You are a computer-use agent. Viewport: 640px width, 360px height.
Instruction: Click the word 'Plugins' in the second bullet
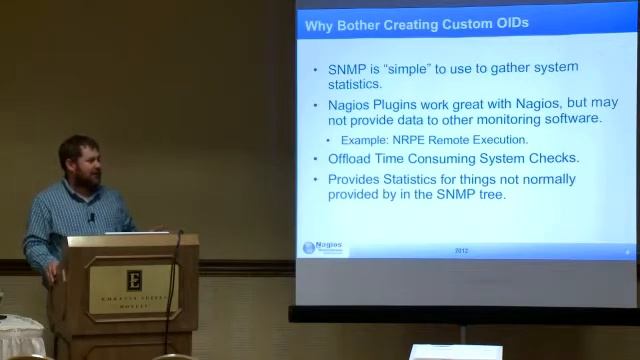coord(400,104)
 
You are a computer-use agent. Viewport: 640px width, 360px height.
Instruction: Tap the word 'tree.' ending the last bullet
coord(491,195)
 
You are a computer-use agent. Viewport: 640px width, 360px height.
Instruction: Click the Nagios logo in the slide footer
coord(324,248)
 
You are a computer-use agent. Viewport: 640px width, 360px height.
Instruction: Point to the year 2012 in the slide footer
coord(461,250)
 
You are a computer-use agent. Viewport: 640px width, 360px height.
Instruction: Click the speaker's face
coord(82,164)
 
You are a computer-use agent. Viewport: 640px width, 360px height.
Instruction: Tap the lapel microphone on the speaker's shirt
coord(91,217)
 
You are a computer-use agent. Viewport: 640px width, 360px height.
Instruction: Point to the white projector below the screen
coord(455,352)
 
